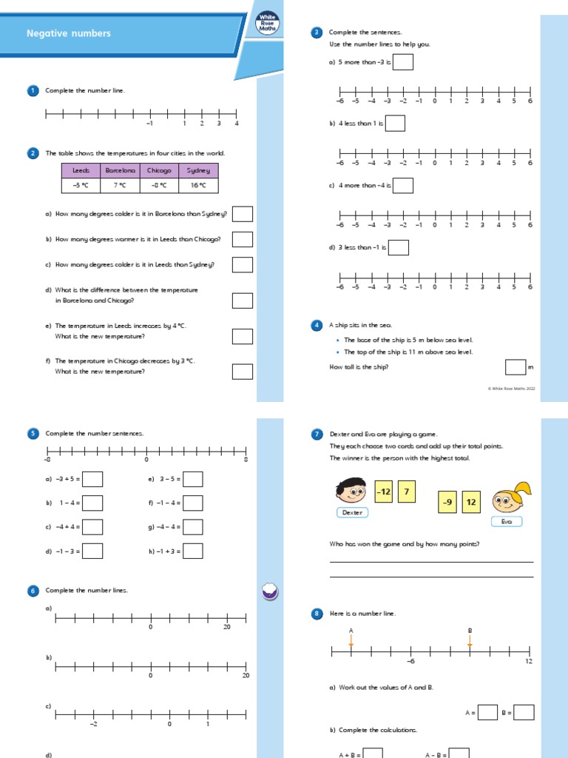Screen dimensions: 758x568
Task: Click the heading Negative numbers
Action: [68, 33]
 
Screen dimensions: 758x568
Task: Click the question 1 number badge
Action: [33, 90]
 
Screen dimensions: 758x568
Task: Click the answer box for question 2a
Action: [243, 214]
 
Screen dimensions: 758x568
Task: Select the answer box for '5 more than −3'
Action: [403, 62]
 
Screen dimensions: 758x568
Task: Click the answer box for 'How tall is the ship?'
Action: [515, 367]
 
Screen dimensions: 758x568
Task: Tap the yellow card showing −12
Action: [383, 492]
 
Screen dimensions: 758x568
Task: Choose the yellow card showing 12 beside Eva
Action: [473, 503]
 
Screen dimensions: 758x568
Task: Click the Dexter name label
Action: [353, 512]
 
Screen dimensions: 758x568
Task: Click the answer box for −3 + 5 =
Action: [92, 479]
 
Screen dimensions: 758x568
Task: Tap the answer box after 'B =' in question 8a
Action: [524, 712]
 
